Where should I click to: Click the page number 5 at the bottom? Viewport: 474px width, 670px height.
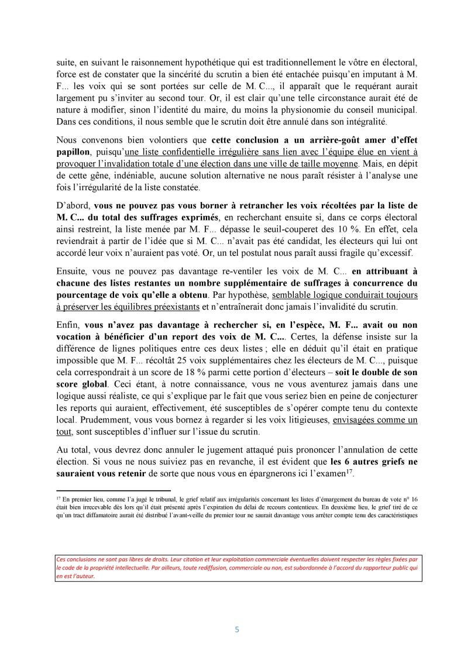pos(237,630)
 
